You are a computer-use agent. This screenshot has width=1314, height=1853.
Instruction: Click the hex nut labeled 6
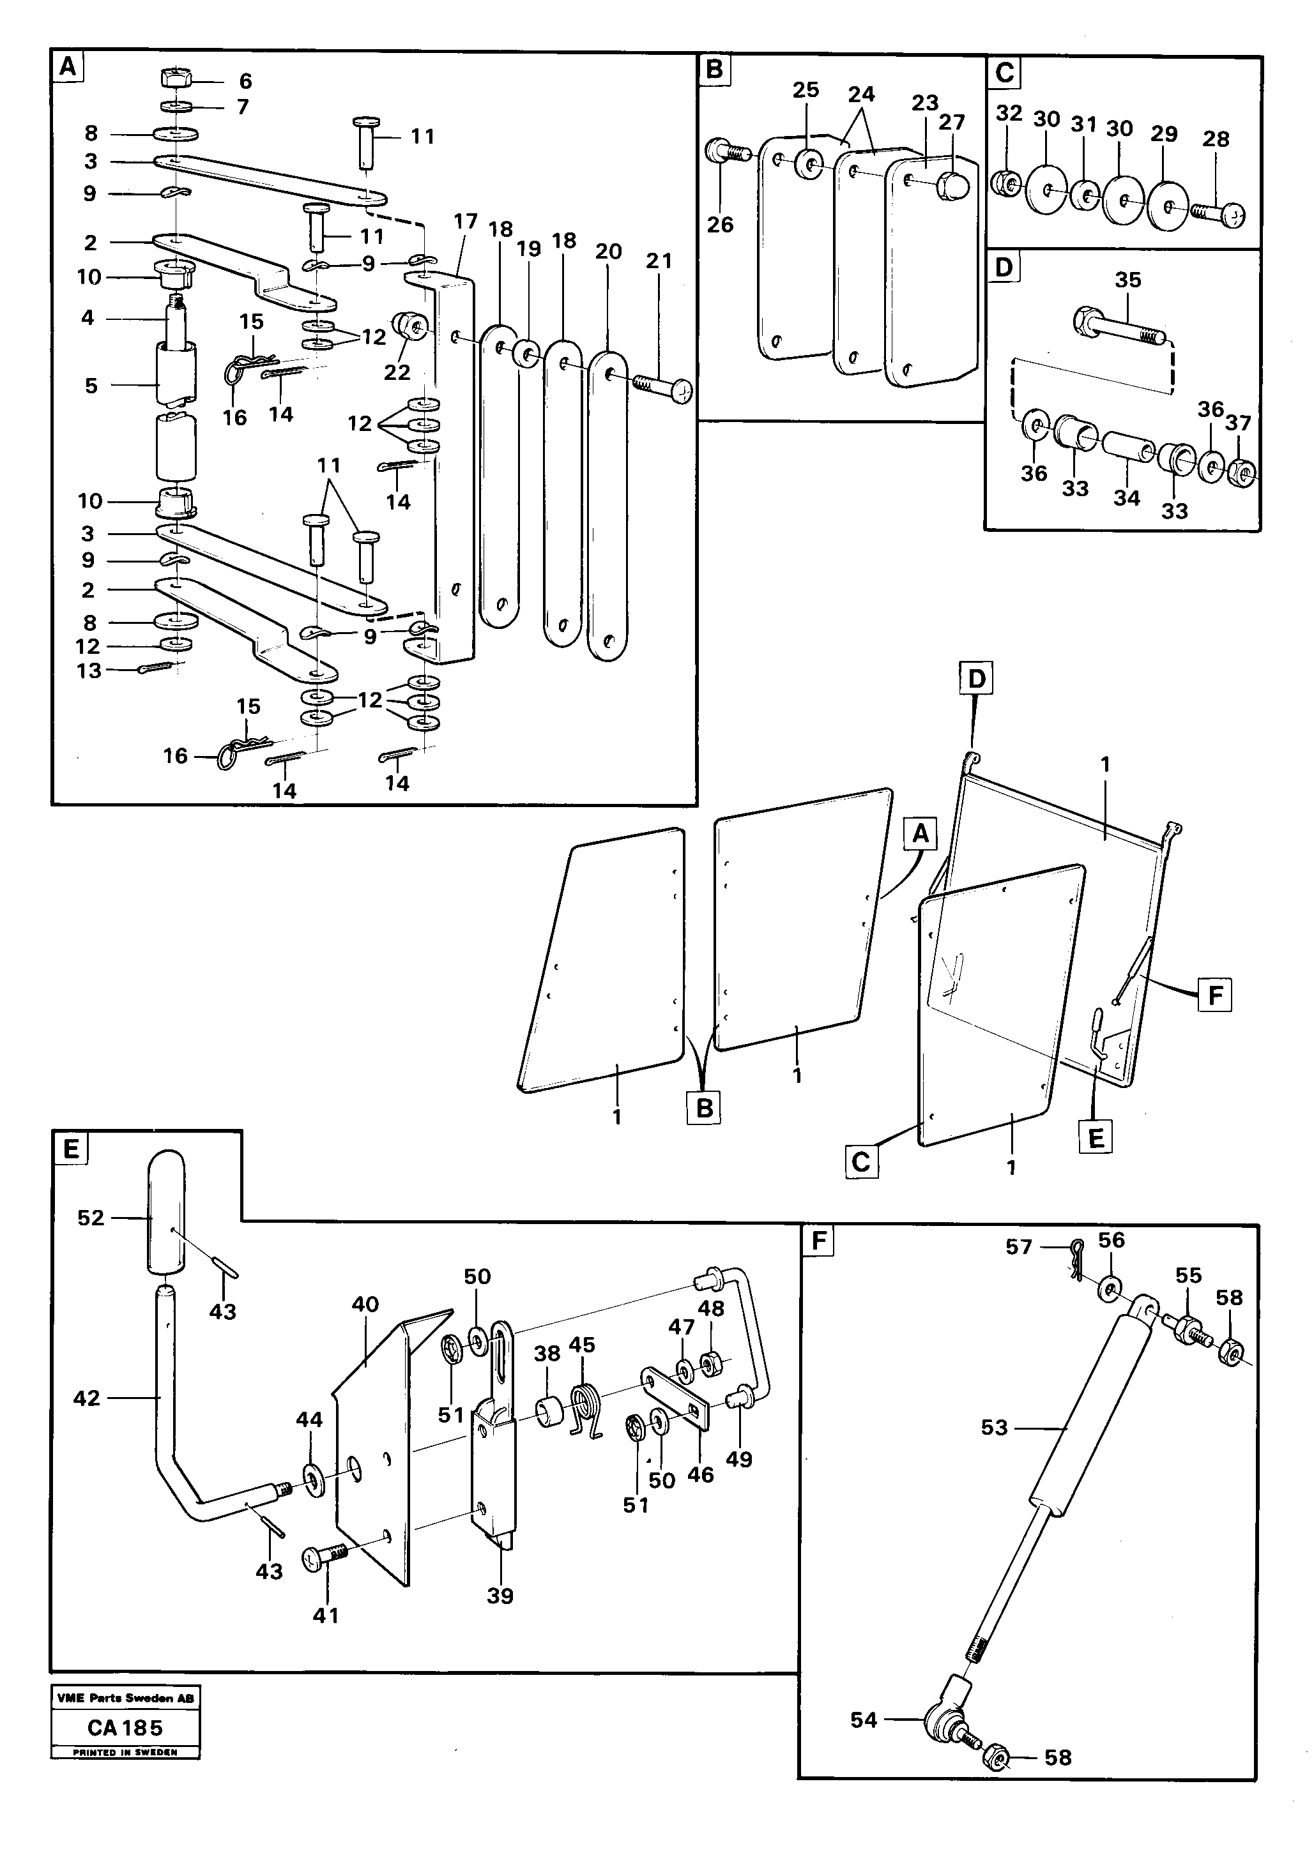tap(176, 79)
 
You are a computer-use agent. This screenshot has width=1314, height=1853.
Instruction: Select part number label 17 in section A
tap(466, 222)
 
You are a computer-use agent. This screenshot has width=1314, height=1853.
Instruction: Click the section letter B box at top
tap(714, 70)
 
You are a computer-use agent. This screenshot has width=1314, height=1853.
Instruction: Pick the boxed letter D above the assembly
tap(977, 679)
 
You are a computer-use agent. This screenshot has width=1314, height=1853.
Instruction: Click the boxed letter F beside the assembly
tap(1214, 995)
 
